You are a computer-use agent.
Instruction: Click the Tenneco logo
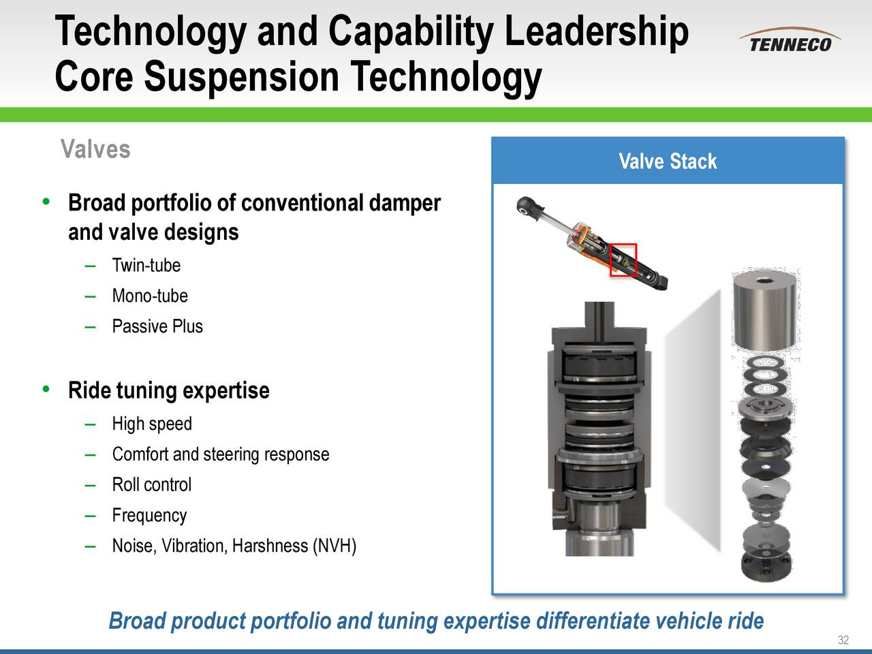[x=790, y=41]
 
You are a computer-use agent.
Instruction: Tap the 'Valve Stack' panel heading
[x=667, y=161]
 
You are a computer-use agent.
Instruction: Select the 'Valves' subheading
[x=95, y=149]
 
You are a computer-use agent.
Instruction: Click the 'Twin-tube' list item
[x=146, y=265]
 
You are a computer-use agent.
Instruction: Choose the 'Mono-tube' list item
[x=149, y=296]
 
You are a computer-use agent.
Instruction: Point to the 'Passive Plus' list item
[x=157, y=326]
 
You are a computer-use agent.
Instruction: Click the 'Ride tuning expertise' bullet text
[x=168, y=391]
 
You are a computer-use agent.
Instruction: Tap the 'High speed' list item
[x=152, y=424]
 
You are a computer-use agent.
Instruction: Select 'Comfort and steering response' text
[x=221, y=454]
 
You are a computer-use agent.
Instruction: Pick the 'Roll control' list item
[x=151, y=485]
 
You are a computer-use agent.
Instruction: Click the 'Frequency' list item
[x=149, y=516]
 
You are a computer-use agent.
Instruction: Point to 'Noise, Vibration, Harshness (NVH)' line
[x=234, y=546]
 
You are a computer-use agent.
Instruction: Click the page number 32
[x=843, y=640]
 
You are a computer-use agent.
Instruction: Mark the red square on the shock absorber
[x=623, y=259]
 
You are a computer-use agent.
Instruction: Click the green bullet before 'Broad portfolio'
[x=46, y=202]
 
